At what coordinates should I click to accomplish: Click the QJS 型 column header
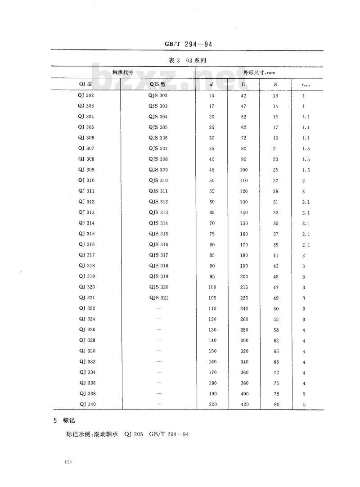click(x=158, y=84)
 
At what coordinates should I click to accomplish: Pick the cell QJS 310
click(x=158, y=180)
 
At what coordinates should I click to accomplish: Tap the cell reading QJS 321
click(x=158, y=298)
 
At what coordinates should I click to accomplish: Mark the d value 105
click(x=212, y=298)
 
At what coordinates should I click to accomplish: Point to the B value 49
click(x=276, y=298)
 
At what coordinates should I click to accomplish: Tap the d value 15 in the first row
click(x=212, y=95)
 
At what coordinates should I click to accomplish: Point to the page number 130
click(x=69, y=462)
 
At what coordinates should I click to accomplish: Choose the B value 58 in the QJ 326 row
click(x=276, y=330)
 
